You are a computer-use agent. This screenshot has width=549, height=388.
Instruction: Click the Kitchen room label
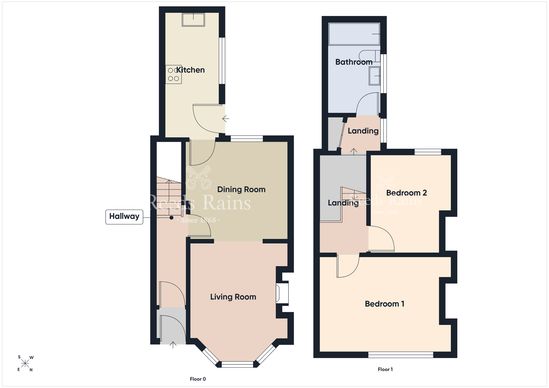click(x=191, y=70)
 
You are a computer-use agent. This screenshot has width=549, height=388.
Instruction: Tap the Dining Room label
click(x=241, y=190)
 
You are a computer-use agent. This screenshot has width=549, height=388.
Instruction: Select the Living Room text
click(x=233, y=297)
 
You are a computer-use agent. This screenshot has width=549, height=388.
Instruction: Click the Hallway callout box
click(x=124, y=217)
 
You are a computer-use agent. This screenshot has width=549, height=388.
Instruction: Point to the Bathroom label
click(x=354, y=62)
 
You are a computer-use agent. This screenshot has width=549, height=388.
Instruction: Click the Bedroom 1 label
click(x=385, y=304)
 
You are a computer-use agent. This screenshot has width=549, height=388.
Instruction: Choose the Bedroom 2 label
click(x=407, y=193)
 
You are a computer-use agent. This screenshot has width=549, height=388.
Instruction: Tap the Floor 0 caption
click(x=198, y=379)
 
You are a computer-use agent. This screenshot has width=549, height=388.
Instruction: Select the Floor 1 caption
click(x=385, y=369)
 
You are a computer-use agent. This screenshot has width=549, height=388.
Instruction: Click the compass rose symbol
click(x=25, y=364)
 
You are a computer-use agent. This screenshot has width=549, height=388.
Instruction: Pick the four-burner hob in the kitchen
click(x=173, y=74)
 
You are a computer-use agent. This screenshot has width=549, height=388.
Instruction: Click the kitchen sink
click(x=194, y=19)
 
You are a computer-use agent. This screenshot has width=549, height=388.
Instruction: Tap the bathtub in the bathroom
click(x=354, y=34)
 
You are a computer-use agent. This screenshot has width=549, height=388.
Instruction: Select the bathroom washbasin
click(x=374, y=76)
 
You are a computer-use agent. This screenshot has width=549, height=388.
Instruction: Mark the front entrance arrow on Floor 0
click(x=173, y=345)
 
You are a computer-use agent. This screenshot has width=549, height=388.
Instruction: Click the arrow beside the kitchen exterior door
click(x=226, y=119)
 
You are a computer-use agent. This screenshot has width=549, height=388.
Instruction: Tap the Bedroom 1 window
click(x=401, y=355)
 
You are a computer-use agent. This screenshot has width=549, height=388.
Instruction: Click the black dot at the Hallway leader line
click(x=171, y=218)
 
